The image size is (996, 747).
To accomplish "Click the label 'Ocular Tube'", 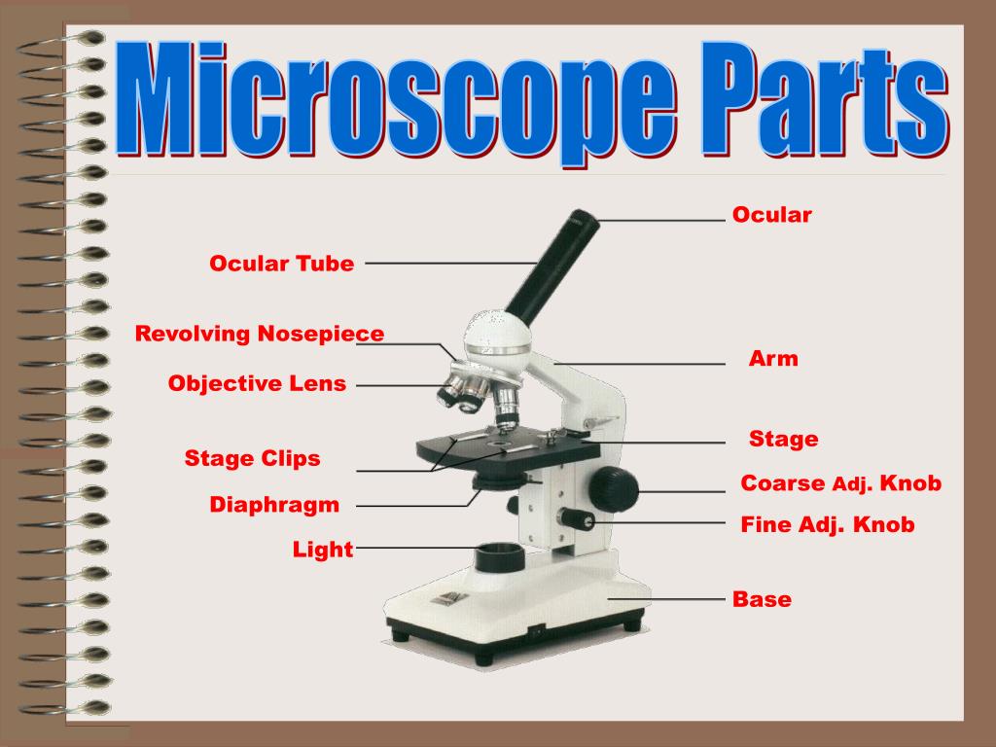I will pos(281,264).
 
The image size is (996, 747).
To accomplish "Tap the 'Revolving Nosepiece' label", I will pos(260,335).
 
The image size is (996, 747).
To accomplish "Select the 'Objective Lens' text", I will pos(257,383).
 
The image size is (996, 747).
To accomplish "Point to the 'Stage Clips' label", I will pos(252,458).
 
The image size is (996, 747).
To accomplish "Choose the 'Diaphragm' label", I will pos(274,505).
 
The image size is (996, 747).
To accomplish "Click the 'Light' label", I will pos(323,550).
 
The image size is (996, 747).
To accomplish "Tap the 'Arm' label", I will pos(773,359).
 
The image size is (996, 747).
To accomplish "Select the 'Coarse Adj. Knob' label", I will pos(840,483).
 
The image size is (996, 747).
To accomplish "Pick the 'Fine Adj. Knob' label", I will pos(828,525).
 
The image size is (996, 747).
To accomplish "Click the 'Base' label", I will pos(762,599).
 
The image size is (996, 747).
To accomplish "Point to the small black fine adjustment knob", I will pos(576,519).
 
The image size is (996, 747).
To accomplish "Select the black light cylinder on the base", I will pos(499,560).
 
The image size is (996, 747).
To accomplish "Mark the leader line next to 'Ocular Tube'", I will pos(449,263).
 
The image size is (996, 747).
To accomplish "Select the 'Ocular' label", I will pos(771,215).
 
